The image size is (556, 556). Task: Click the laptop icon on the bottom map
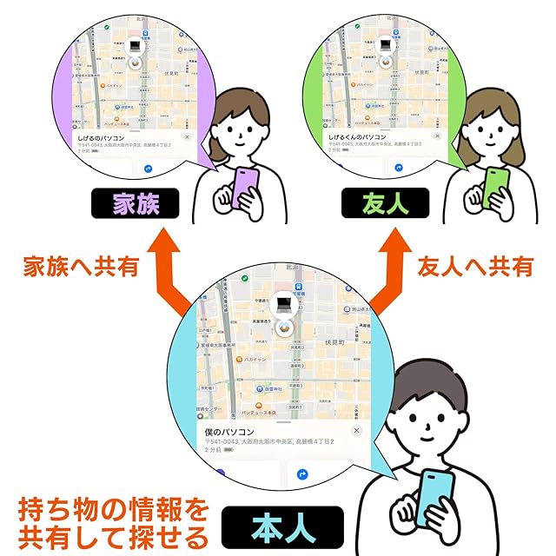point(284,304)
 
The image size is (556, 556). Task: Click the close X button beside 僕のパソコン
point(355,431)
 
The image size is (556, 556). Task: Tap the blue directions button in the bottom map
point(303,474)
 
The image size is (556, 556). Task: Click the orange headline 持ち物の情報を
point(113,506)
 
